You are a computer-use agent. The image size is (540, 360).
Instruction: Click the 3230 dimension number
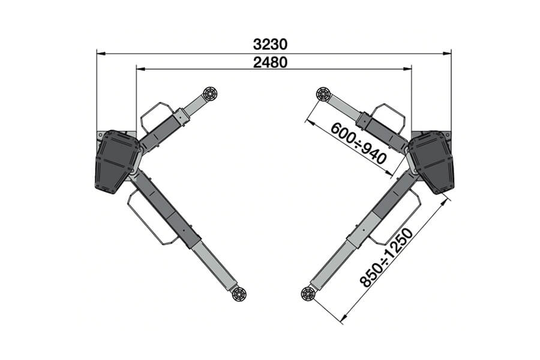point(270,44)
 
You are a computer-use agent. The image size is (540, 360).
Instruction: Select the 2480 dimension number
point(270,62)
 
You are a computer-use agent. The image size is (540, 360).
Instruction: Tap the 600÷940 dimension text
point(358,143)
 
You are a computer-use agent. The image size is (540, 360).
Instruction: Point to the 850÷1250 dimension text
point(386,257)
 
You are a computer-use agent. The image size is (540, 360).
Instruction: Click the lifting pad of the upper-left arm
point(210,94)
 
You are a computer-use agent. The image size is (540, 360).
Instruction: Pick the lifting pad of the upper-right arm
point(323,94)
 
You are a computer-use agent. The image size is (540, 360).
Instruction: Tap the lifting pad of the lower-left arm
point(239,295)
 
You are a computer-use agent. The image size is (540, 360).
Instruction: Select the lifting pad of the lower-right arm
point(308,294)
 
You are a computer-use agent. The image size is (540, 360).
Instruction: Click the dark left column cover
point(117,161)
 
